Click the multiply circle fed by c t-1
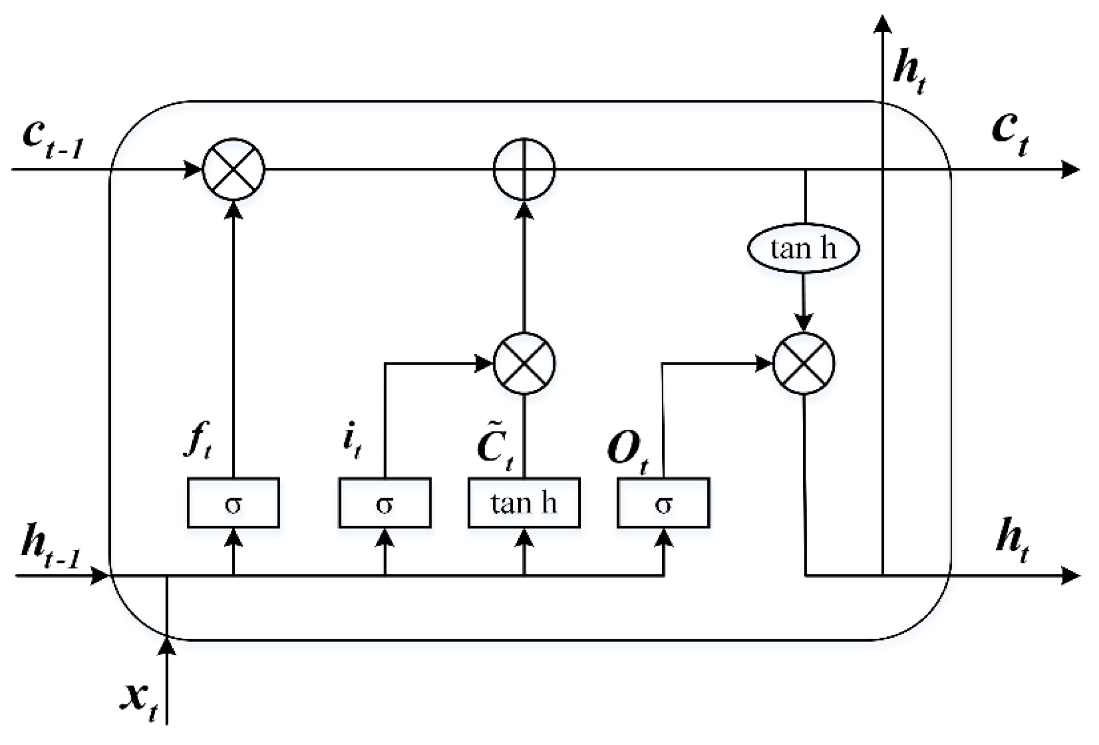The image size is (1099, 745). [x=233, y=169]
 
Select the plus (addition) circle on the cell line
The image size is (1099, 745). [x=524, y=169]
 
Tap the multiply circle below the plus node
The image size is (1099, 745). [x=524, y=363]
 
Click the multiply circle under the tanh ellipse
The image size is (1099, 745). [x=804, y=363]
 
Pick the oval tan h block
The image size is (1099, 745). [x=803, y=248]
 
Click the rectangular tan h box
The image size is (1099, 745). [x=524, y=503]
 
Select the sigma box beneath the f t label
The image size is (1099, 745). [x=233, y=503]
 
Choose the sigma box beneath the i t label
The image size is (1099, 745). [x=385, y=503]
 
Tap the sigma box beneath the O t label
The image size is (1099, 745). [x=663, y=503]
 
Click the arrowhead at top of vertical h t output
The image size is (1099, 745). [x=882, y=24]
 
